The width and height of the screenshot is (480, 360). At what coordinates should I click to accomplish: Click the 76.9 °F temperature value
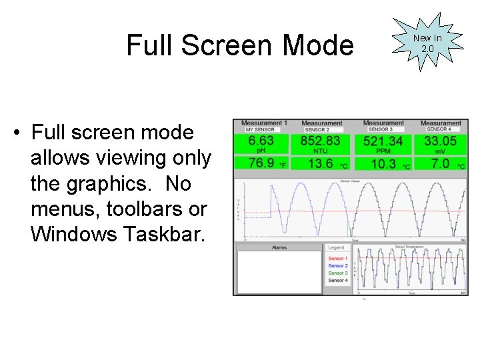tap(261, 163)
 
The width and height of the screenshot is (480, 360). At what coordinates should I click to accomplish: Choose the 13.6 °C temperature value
tap(321, 163)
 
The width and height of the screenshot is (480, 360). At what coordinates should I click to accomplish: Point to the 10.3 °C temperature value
tap(383, 163)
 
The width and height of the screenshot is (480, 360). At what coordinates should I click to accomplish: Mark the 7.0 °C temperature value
tap(441, 163)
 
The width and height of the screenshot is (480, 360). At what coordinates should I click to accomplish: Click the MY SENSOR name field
tap(261, 130)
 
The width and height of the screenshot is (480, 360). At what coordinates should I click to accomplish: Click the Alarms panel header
tap(279, 247)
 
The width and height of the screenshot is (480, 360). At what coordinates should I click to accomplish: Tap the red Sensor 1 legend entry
tap(337, 259)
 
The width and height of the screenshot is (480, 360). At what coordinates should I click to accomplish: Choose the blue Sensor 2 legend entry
tap(337, 266)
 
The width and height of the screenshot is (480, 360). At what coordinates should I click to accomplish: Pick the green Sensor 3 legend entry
tap(337, 273)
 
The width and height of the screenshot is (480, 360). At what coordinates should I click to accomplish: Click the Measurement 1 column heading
tap(264, 123)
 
